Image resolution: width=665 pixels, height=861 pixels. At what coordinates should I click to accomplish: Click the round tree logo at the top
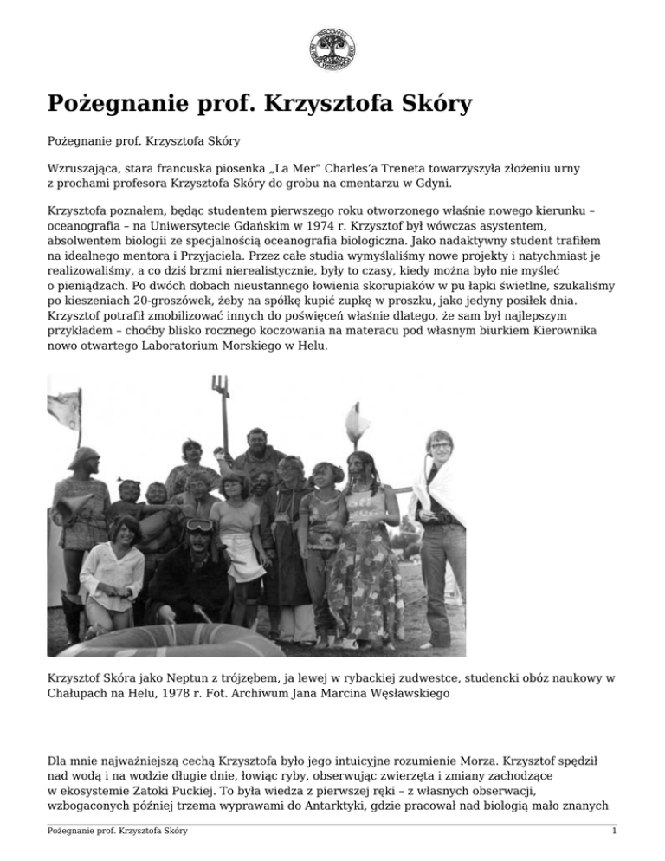point(332,48)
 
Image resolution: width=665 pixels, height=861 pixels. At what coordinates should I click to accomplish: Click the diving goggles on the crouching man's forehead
point(198,525)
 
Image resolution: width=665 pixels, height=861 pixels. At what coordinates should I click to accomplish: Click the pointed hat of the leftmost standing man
point(83,456)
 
